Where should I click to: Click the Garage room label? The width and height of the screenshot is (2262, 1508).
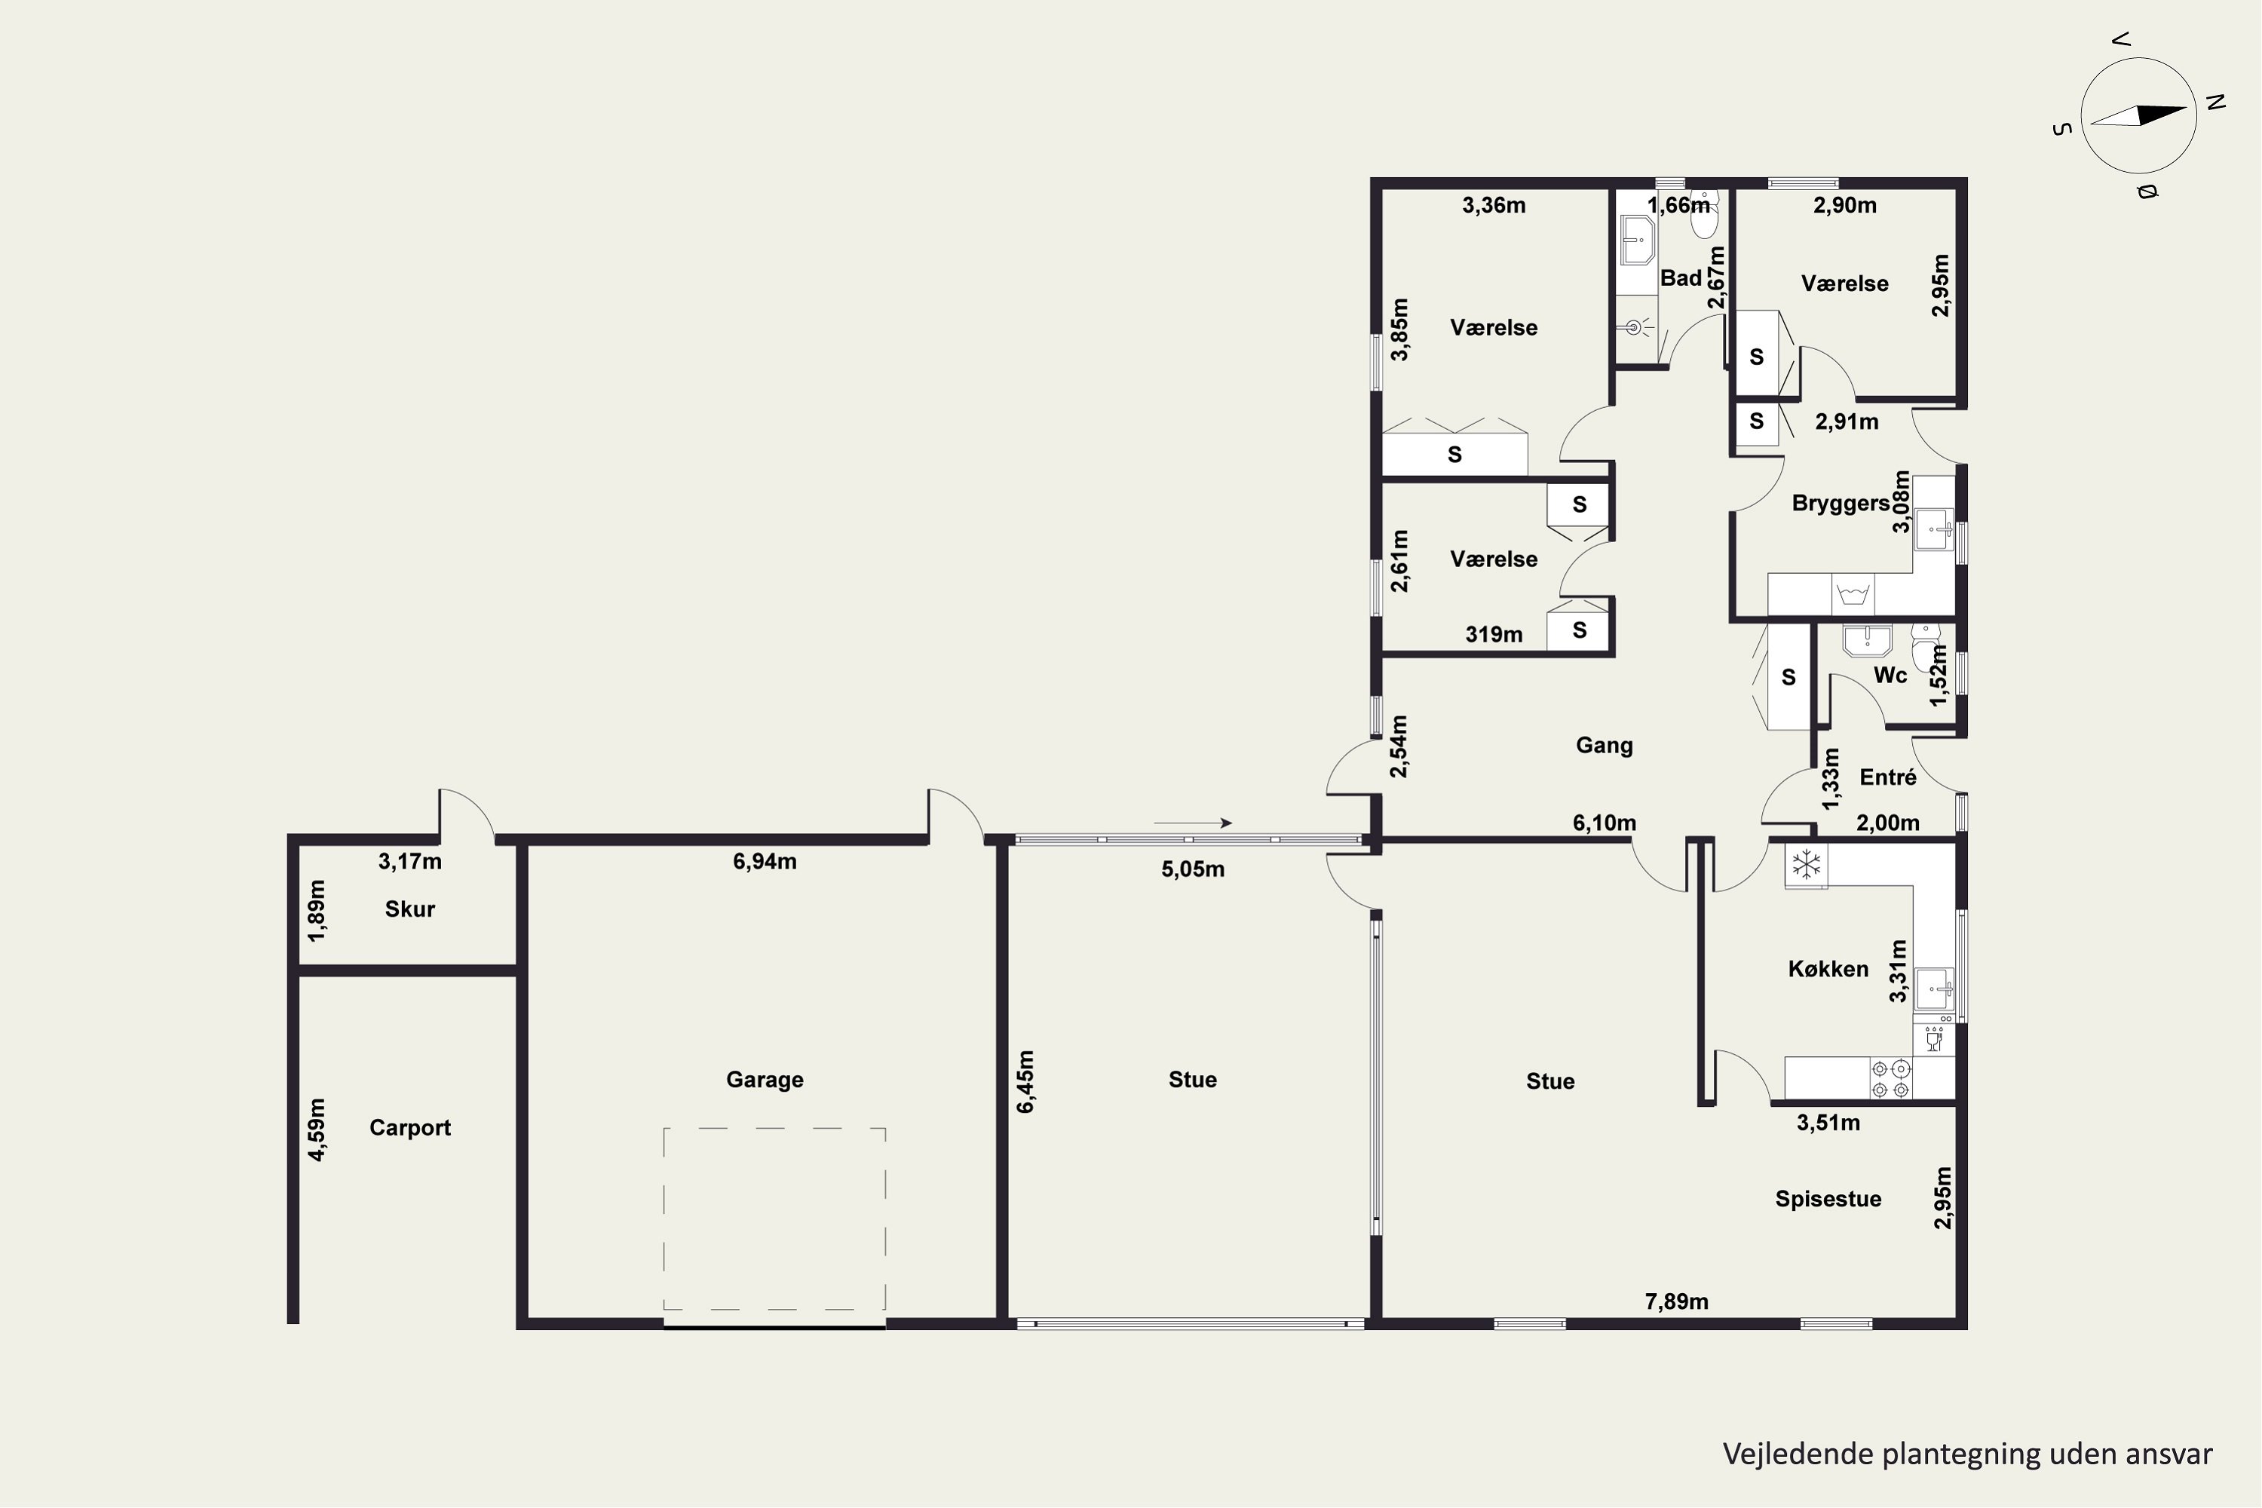pos(765,1080)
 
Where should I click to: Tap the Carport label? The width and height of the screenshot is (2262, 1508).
pos(409,1128)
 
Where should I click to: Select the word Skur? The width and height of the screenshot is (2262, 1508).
pos(409,909)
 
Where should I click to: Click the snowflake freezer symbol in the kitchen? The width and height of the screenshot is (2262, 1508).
pos(1806,865)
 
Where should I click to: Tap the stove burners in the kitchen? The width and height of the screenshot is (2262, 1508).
pos(1891,1078)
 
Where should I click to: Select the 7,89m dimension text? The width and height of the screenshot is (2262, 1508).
pos(1677,1302)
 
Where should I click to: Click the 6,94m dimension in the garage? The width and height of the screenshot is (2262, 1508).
pos(765,862)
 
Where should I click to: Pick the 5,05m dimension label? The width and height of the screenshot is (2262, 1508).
pos(1193,869)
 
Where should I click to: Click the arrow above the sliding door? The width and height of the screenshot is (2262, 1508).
pos(1193,823)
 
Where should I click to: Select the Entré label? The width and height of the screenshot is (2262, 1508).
pos(1888,777)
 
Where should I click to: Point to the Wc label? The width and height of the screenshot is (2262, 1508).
pos(1890,675)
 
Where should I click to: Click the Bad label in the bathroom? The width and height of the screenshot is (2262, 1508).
pos(1681,278)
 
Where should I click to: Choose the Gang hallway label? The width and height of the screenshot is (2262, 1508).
pos(1605,746)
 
